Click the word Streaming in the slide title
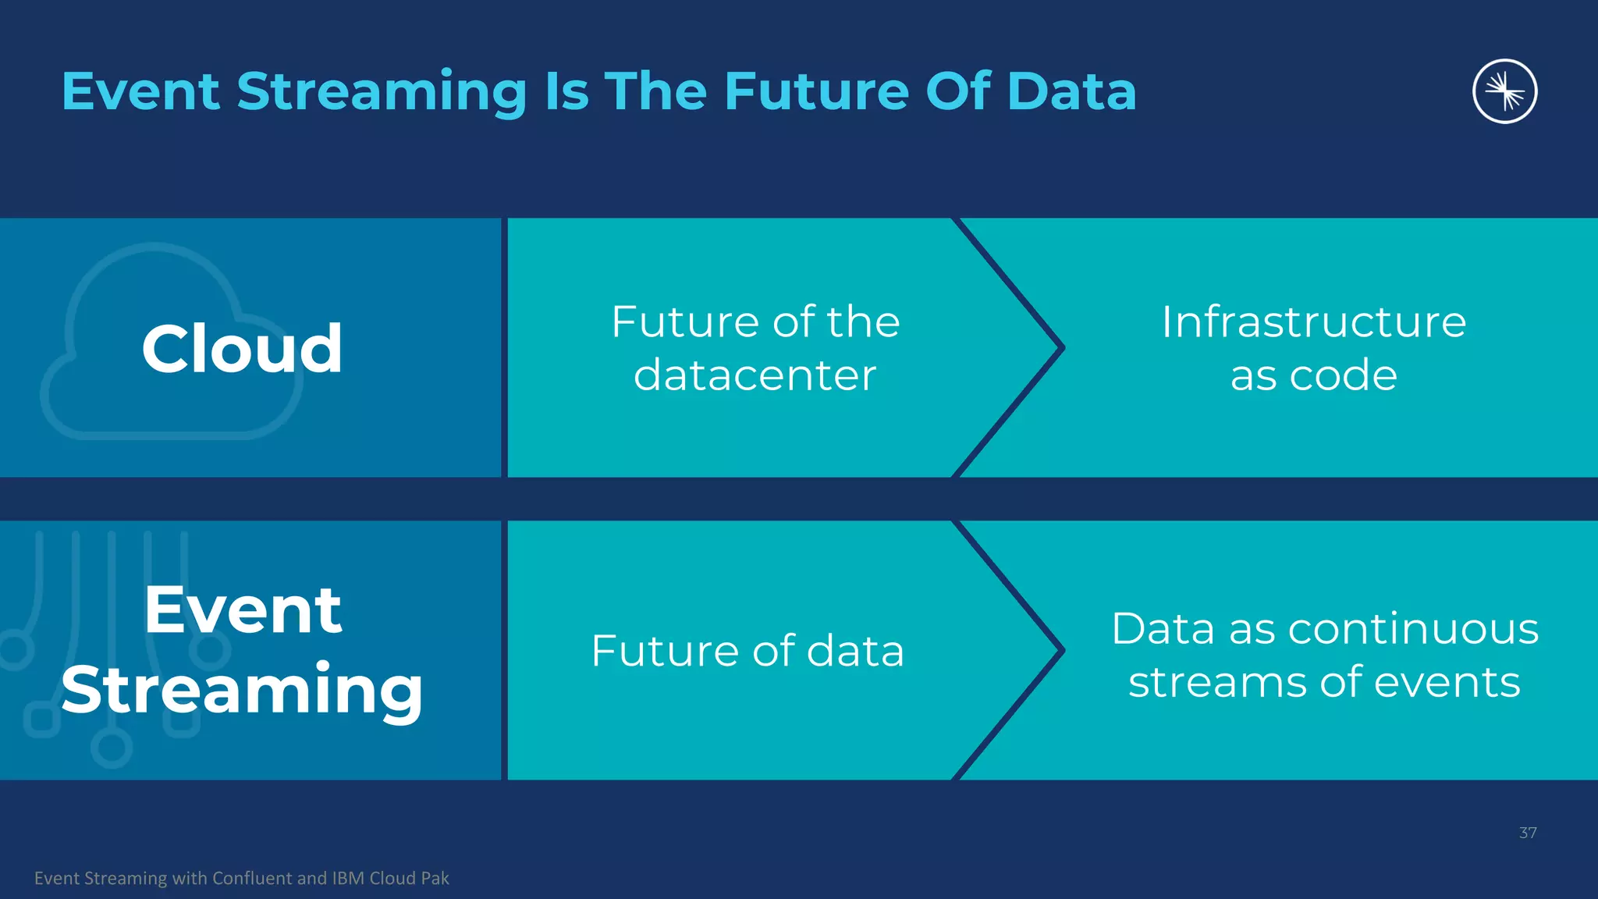(x=382, y=92)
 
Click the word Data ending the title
(x=1071, y=92)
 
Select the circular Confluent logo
(x=1504, y=91)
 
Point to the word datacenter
(x=755, y=375)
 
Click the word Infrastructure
(x=1313, y=322)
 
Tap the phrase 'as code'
(x=1313, y=375)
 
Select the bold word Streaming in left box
(x=243, y=690)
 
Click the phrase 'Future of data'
(x=748, y=651)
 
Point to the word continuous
(x=1413, y=629)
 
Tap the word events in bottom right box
(x=1447, y=682)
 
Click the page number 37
(x=1527, y=833)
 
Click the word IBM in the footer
(x=348, y=879)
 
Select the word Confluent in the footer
(x=254, y=879)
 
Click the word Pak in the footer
(x=435, y=879)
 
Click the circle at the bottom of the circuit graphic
(x=112, y=748)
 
